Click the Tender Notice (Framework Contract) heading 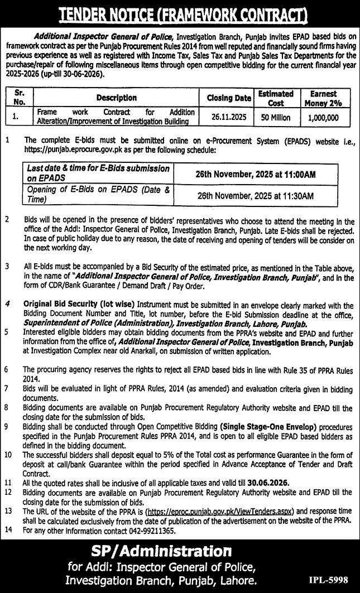[x=180, y=12]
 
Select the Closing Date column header [x=229, y=98]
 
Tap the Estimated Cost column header [x=276, y=98]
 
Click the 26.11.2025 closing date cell [x=229, y=118]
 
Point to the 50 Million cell [x=276, y=118]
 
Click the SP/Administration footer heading [x=161, y=552]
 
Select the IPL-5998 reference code [x=329, y=580]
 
